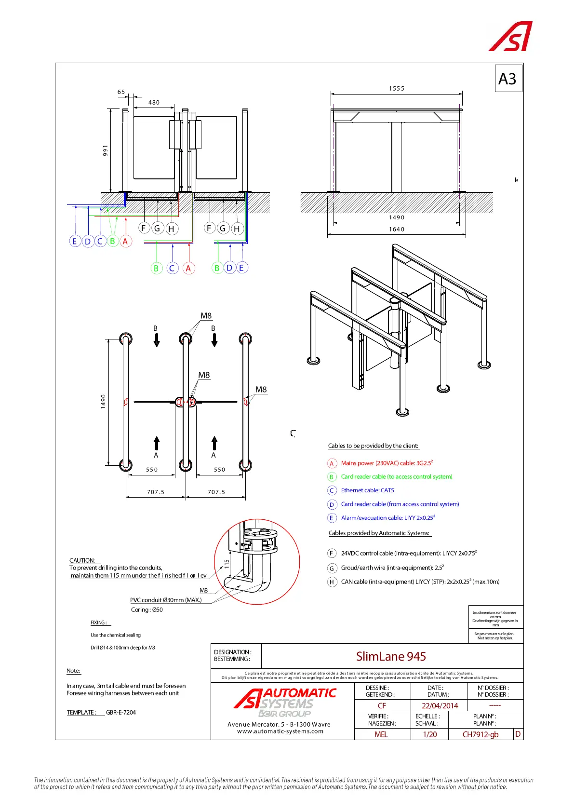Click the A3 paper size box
point(508,79)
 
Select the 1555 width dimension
point(397,89)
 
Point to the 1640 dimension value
point(397,230)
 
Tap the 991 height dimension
point(106,150)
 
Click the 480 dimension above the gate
point(154,103)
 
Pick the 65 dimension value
point(121,92)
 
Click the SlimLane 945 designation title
point(391,656)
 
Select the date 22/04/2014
point(440,706)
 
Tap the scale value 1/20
point(429,734)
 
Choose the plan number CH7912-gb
point(481,734)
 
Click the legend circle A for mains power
point(332,463)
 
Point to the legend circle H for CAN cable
point(332,582)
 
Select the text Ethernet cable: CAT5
point(367,490)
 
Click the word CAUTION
point(82,560)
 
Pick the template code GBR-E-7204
point(121,712)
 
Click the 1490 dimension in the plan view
point(103,401)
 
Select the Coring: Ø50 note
point(147,610)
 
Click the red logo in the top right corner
point(510,36)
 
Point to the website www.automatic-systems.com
point(280,731)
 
